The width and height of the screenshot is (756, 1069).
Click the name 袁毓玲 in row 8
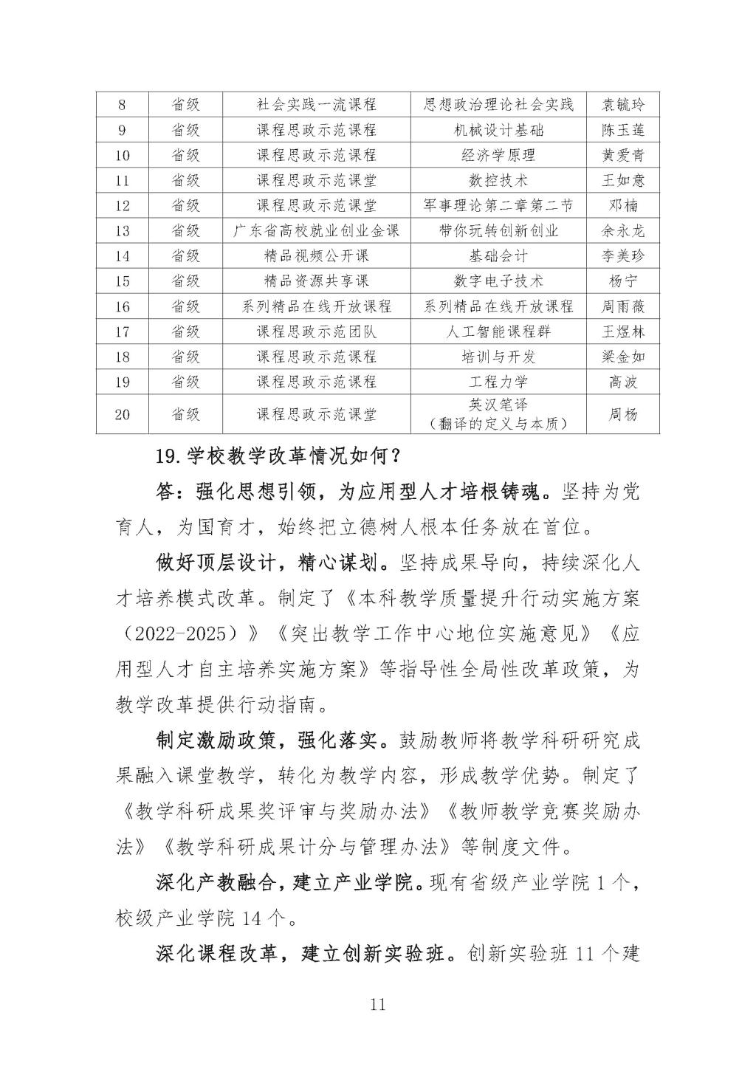[622, 105]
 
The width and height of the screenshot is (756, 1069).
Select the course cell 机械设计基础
[498, 130]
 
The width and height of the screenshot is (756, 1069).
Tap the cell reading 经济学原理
[498, 155]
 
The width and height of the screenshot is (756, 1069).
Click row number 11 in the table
[122, 180]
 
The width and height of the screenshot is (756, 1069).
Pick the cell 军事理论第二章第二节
[498, 205]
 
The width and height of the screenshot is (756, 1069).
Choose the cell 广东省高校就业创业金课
[316, 230]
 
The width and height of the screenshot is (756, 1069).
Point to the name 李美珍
[622, 255]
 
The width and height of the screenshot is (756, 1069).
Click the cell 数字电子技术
[498, 281]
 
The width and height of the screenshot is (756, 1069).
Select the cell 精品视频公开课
[316, 255]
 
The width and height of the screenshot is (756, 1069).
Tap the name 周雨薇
[622, 306]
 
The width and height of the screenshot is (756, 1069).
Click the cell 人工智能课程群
[498, 331]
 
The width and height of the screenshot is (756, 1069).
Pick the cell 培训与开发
[498, 357]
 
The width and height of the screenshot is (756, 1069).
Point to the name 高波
[622, 382]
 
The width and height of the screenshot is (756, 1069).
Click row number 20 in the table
[122, 414]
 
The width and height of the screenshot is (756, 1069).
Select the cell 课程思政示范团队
[316, 331]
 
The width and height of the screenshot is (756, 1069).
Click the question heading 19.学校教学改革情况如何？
[278, 456]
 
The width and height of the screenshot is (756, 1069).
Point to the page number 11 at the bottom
[377, 1004]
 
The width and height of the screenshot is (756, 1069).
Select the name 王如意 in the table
[622, 180]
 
